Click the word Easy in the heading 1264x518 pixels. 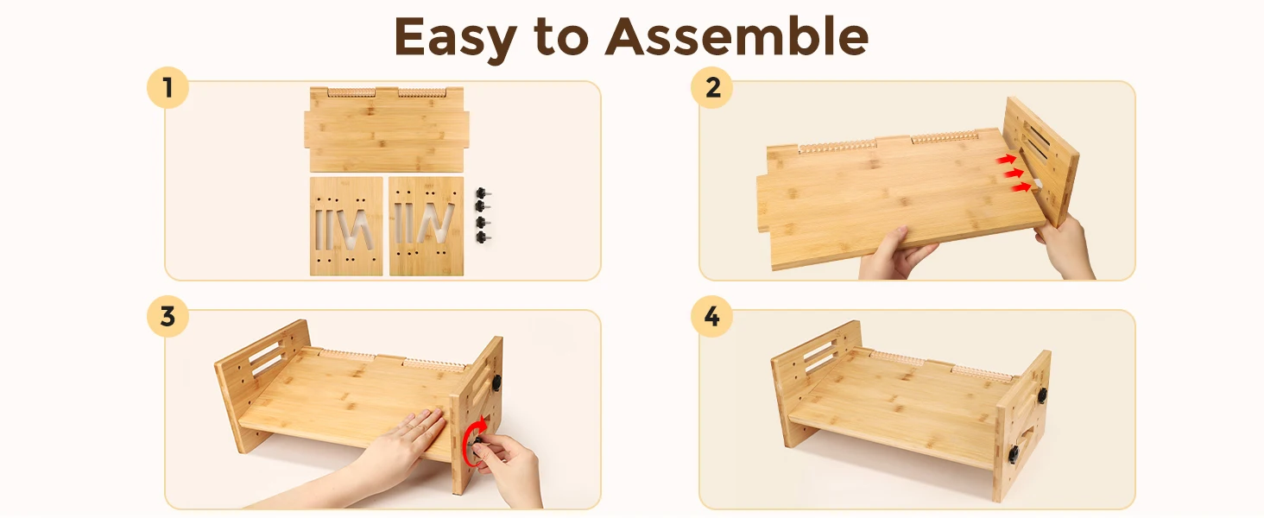pyautogui.click(x=455, y=37)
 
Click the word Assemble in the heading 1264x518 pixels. pyautogui.click(x=737, y=36)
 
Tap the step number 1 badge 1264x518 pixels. pyautogui.click(x=167, y=87)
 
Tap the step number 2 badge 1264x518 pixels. pyautogui.click(x=712, y=87)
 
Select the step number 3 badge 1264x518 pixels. pyautogui.click(x=167, y=317)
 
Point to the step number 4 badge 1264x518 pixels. pyautogui.click(x=712, y=317)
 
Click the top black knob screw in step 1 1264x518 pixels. pyautogui.click(x=483, y=193)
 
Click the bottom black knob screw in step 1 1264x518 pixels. pyautogui.click(x=483, y=237)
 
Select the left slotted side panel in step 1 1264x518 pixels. pyautogui.click(x=346, y=226)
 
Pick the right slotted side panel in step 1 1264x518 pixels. pyautogui.click(x=426, y=226)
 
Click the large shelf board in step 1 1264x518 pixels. pyautogui.click(x=387, y=129)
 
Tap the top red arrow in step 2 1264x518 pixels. pyautogui.click(x=1006, y=159)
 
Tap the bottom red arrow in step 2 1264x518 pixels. pyautogui.click(x=1021, y=186)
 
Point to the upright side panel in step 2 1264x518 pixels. pyautogui.click(x=1041, y=161)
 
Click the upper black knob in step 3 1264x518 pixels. pyautogui.click(x=496, y=382)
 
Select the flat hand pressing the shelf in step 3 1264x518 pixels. pyautogui.click(x=403, y=443)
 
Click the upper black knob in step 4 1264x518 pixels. pyautogui.click(x=1041, y=395)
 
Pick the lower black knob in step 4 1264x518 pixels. pyautogui.click(x=1014, y=453)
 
